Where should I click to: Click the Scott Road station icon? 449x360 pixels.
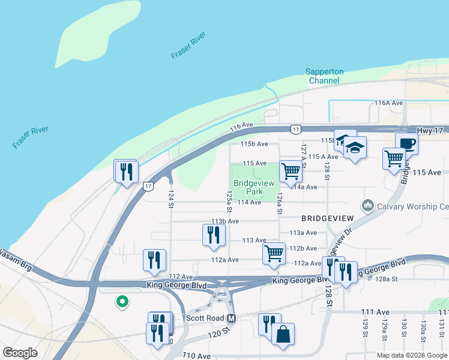[x=232, y=318]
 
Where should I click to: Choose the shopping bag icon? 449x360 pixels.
[x=283, y=334]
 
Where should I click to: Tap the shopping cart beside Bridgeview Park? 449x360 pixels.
[x=291, y=171]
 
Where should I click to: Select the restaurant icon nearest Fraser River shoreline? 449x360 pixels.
[x=126, y=172]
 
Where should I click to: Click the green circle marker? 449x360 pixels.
[x=122, y=302]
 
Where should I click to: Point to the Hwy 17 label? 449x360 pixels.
[x=432, y=130]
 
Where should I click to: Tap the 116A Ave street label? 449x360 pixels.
[x=388, y=103]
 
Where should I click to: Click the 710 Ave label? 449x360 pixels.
[x=198, y=356]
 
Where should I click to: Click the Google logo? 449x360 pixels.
[x=20, y=353]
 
